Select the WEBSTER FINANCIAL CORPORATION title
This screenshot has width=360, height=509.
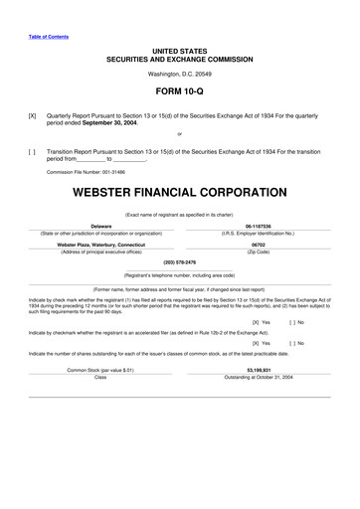[x=180, y=189]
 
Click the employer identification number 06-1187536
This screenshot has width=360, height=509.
[x=259, y=225]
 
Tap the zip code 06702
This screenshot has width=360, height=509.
[x=259, y=244]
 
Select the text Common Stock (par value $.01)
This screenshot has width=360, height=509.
[x=99, y=369]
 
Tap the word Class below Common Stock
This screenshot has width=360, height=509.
[x=99, y=377]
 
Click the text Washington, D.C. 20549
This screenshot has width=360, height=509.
[x=179, y=74]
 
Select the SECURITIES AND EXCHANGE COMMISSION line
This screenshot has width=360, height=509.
[x=179, y=59]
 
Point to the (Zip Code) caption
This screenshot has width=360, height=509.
[x=259, y=252]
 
